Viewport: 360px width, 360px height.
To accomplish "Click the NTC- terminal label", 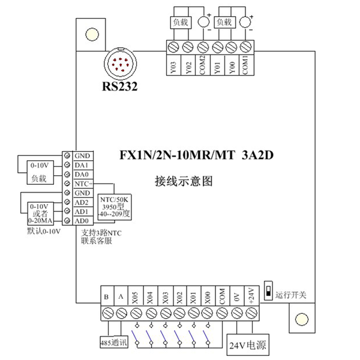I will [82, 183].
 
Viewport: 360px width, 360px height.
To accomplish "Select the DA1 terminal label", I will [82, 165].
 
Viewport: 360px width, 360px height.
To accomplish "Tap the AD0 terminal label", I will [82, 220].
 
